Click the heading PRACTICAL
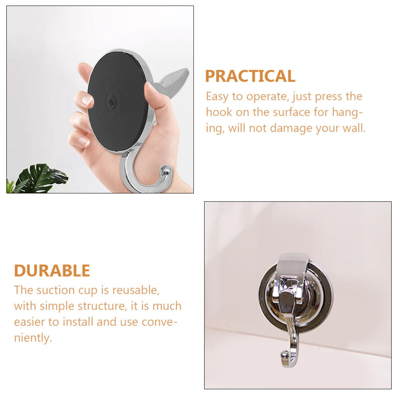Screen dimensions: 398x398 point(250,76)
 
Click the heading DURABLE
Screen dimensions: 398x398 point(52,271)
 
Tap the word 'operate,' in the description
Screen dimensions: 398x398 point(267,97)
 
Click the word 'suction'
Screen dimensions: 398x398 point(56,290)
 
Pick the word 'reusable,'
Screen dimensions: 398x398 point(136,290)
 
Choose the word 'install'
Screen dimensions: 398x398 point(78,322)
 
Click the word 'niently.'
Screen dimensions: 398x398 point(33,338)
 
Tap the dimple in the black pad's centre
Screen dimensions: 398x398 point(111,102)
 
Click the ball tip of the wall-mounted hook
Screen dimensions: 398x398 point(285,354)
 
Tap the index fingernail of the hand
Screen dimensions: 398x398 point(87,100)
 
